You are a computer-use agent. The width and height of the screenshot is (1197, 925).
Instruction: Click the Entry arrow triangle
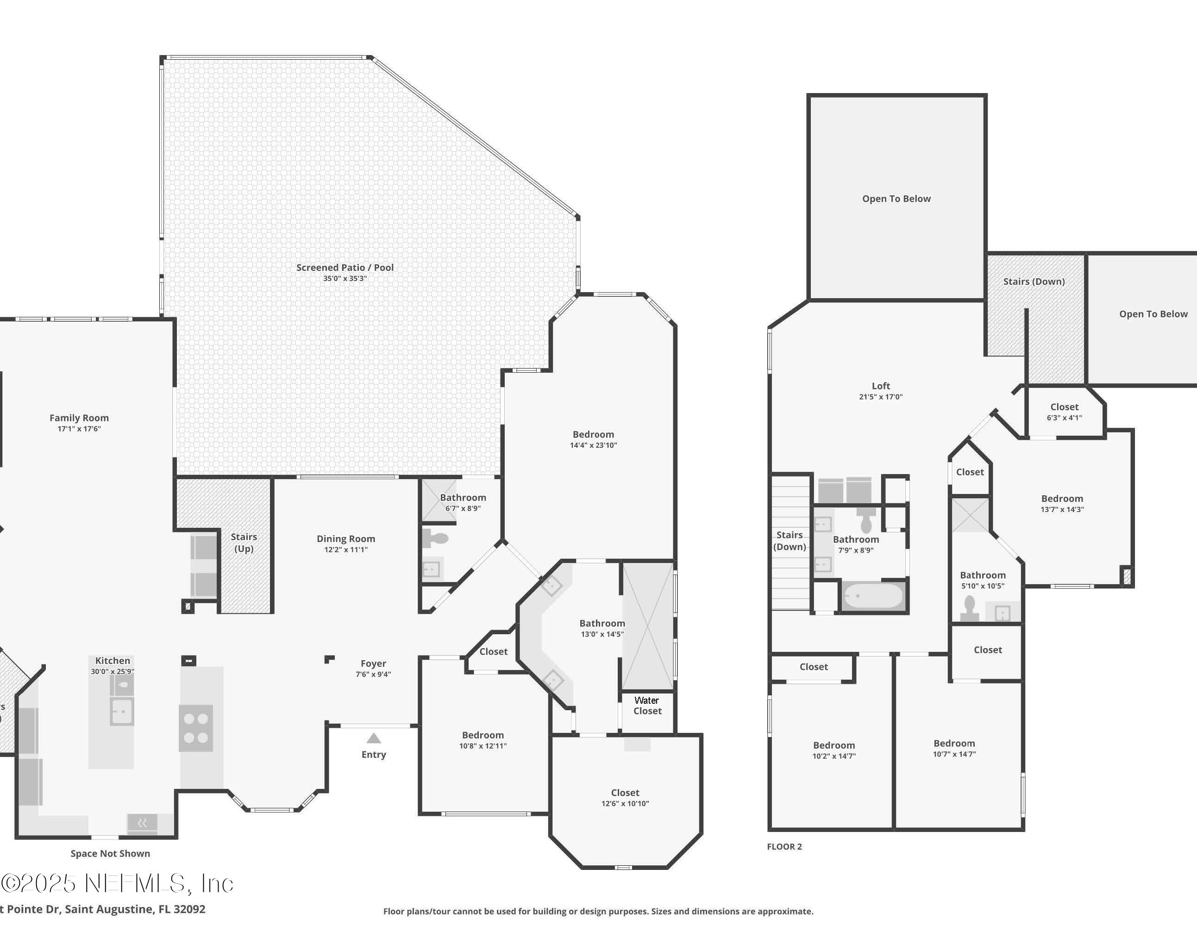point(373,738)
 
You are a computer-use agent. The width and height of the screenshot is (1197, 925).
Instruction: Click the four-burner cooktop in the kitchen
point(196,728)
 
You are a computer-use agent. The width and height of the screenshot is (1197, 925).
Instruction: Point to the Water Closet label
point(647,705)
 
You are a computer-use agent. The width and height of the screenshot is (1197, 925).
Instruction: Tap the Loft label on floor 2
point(881,386)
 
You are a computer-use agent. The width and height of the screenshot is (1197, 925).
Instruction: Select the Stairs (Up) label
point(244,543)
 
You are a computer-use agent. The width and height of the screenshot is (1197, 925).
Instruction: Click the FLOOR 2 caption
point(784,847)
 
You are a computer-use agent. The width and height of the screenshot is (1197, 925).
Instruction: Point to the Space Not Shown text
point(110,853)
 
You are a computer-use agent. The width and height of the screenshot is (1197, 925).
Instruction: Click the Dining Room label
point(346,539)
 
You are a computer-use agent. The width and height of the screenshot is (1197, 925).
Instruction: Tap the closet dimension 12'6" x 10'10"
point(625,803)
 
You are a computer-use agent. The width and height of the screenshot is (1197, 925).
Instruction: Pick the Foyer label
point(373,663)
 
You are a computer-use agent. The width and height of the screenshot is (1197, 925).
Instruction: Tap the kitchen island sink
point(122,712)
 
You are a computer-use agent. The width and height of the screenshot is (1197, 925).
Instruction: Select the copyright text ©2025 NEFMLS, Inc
point(117,883)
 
